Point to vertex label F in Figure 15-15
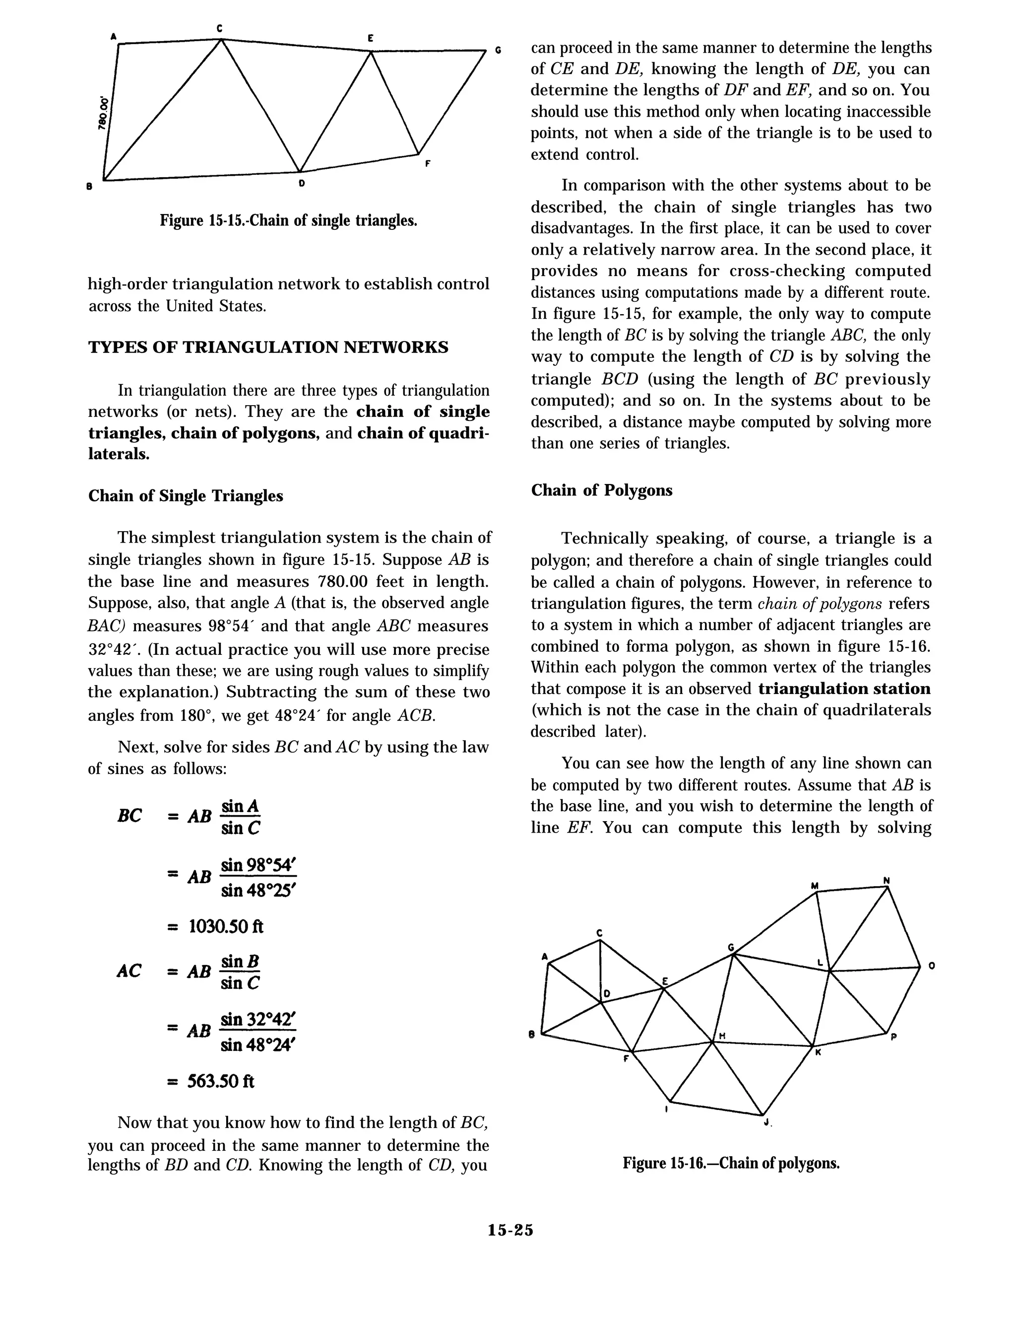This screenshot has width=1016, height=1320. click(428, 163)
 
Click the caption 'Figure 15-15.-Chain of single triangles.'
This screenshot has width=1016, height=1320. click(288, 220)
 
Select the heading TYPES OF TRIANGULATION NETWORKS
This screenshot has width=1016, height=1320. click(268, 347)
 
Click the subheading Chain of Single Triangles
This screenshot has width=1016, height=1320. click(186, 495)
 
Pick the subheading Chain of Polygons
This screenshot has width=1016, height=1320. click(601, 490)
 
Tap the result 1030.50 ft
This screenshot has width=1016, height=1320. click(226, 926)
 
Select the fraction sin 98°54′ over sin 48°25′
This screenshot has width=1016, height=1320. click(258, 878)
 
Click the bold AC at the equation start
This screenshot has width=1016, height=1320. click(128, 972)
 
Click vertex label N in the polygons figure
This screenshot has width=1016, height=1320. click(886, 881)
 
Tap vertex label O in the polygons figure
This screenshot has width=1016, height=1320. click(932, 966)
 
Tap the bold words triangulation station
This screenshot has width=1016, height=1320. click(844, 689)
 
